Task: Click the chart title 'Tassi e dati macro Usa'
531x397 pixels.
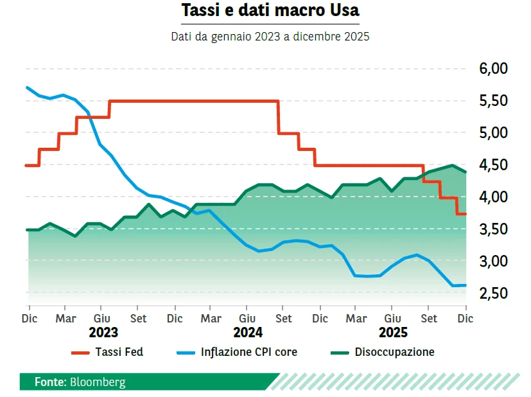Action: [270, 11]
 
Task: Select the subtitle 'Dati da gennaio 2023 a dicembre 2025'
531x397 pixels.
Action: [270, 37]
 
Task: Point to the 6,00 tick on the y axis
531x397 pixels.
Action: [493, 69]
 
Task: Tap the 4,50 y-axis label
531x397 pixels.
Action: [493, 165]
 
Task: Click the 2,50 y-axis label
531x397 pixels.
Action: [493, 294]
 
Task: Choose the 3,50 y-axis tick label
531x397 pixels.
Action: [493, 229]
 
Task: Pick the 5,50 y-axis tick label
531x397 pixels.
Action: [493, 101]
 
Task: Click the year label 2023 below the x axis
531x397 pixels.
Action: [103, 333]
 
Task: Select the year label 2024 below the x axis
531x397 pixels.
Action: [248, 333]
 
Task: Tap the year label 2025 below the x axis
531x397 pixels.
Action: [393, 333]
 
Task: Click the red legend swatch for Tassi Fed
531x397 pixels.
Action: [80, 352]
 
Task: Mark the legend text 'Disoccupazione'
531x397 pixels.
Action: [394, 352]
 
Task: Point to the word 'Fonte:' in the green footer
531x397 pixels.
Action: [50, 382]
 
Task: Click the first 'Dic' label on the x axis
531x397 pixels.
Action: [29, 319]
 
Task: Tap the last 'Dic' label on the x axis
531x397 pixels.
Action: [465, 319]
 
